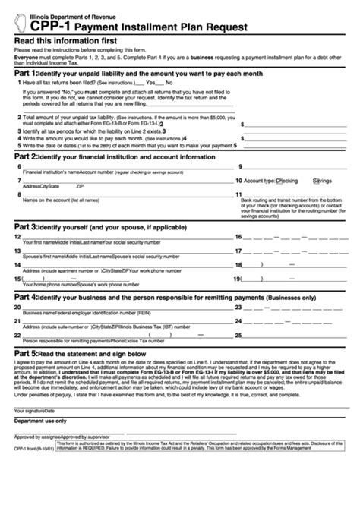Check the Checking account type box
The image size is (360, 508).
click(279, 181)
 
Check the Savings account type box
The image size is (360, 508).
click(314, 181)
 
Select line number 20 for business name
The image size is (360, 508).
click(17, 307)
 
